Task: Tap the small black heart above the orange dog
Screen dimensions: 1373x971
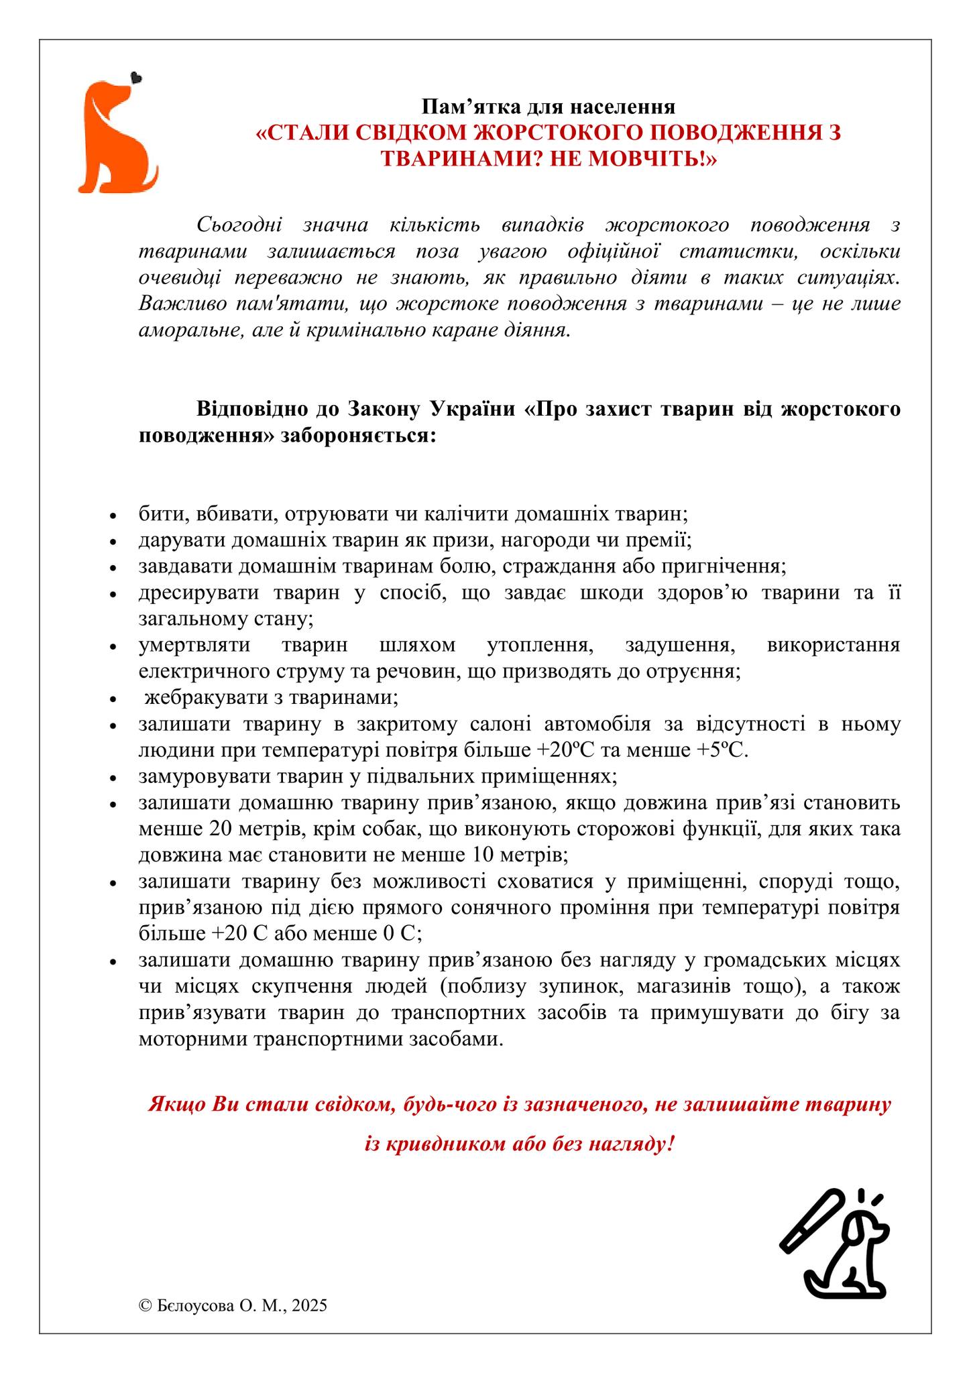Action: pyautogui.click(x=137, y=78)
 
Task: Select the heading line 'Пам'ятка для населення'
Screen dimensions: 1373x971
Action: pyautogui.click(x=548, y=107)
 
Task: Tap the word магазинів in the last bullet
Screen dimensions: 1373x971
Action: pyautogui.click(x=686, y=987)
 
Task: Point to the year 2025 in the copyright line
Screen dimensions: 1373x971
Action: pyautogui.click(x=310, y=1305)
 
